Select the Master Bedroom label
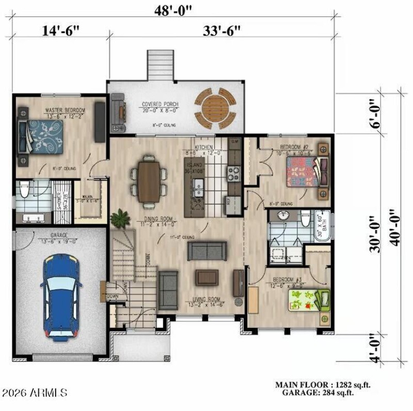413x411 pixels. click(x=65, y=110)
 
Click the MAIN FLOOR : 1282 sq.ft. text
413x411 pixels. click(x=323, y=385)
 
